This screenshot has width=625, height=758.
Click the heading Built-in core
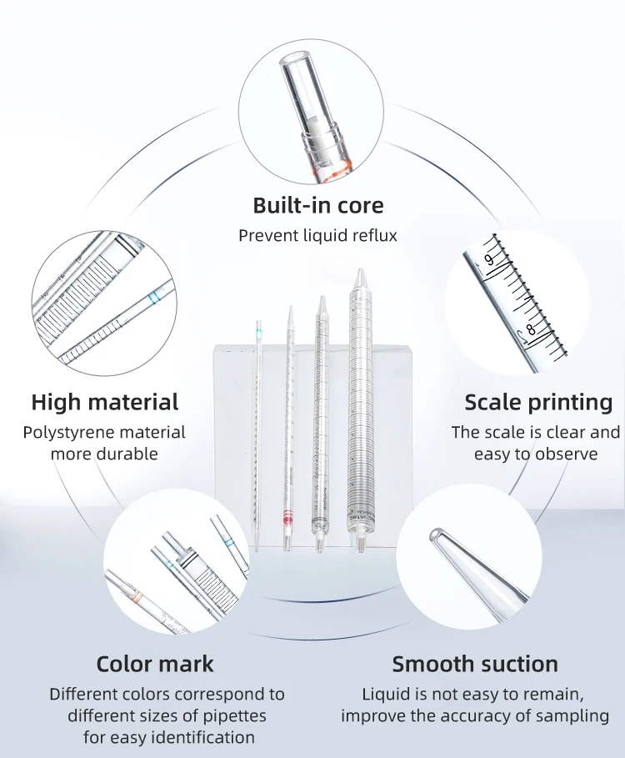pyautogui.click(x=318, y=205)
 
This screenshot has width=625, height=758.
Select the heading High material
pyautogui.click(x=105, y=402)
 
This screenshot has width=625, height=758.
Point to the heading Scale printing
pyautogui.click(x=538, y=402)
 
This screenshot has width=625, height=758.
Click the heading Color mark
pyautogui.click(x=155, y=664)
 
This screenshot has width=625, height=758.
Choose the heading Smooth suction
pyautogui.click(x=475, y=664)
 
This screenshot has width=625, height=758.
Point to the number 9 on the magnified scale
pyautogui.click(x=489, y=259)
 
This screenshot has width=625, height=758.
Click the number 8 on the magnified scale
pyautogui.click(x=530, y=330)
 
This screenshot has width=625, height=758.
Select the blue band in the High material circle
pyautogui.click(x=153, y=296)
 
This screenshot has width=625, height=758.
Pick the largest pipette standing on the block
pyautogui.click(x=360, y=409)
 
